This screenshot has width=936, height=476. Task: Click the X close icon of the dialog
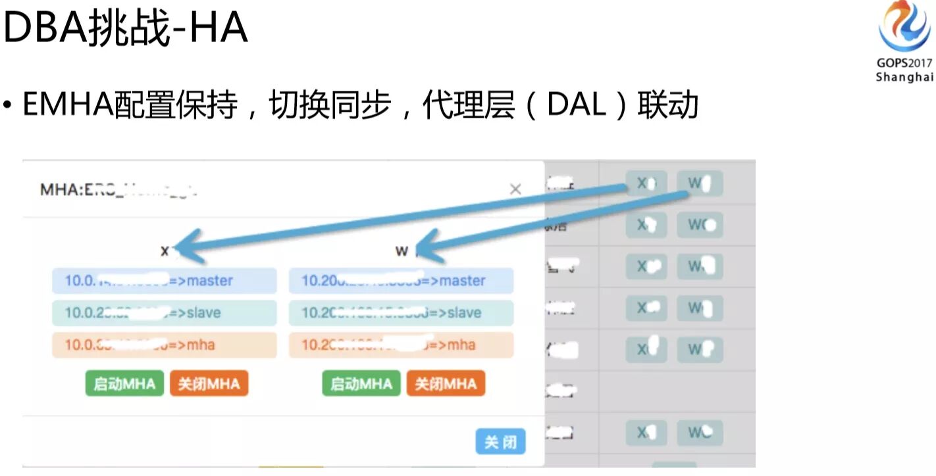[515, 189]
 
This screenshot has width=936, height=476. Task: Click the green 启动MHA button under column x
[124, 384]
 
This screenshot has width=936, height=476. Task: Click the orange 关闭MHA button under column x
[209, 384]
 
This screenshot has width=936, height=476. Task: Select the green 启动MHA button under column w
[361, 384]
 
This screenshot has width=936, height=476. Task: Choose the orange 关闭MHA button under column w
[446, 384]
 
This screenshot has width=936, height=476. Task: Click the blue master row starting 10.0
[165, 281]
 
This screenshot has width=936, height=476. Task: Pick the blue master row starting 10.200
[401, 281]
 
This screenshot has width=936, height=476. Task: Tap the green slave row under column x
[165, 313]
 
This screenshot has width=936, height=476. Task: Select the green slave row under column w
[401, 313]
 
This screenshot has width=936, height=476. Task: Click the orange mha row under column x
[165, 345]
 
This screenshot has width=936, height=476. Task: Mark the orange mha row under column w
[401, 345]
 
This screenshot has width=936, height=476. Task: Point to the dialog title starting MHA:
[118, 190]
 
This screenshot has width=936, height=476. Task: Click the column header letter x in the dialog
[165, 250]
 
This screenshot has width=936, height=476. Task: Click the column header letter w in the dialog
[401, 250]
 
